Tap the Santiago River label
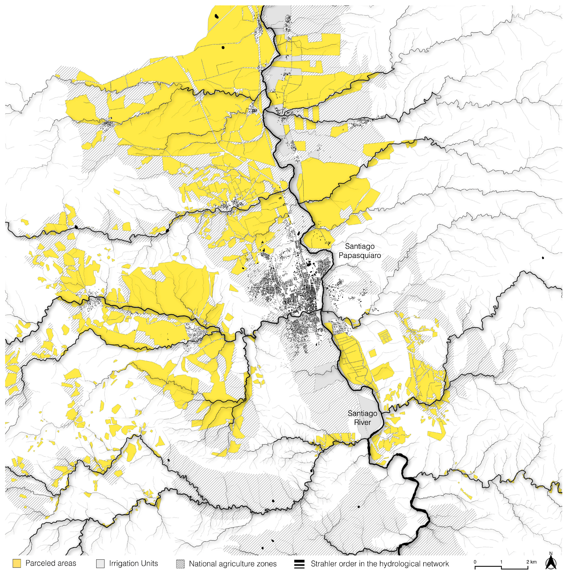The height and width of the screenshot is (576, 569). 362,418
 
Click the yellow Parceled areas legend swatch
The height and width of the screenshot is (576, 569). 17,563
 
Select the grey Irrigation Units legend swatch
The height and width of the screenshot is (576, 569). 100,563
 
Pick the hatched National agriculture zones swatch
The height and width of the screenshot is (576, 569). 180,563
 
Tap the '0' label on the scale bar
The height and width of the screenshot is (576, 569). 475,562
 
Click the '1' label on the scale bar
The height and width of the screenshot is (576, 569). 501,562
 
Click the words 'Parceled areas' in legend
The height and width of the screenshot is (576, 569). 51,563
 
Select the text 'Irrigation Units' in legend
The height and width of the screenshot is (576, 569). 133,563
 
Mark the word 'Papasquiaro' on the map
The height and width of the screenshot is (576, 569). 359,255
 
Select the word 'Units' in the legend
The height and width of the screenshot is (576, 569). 149,563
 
